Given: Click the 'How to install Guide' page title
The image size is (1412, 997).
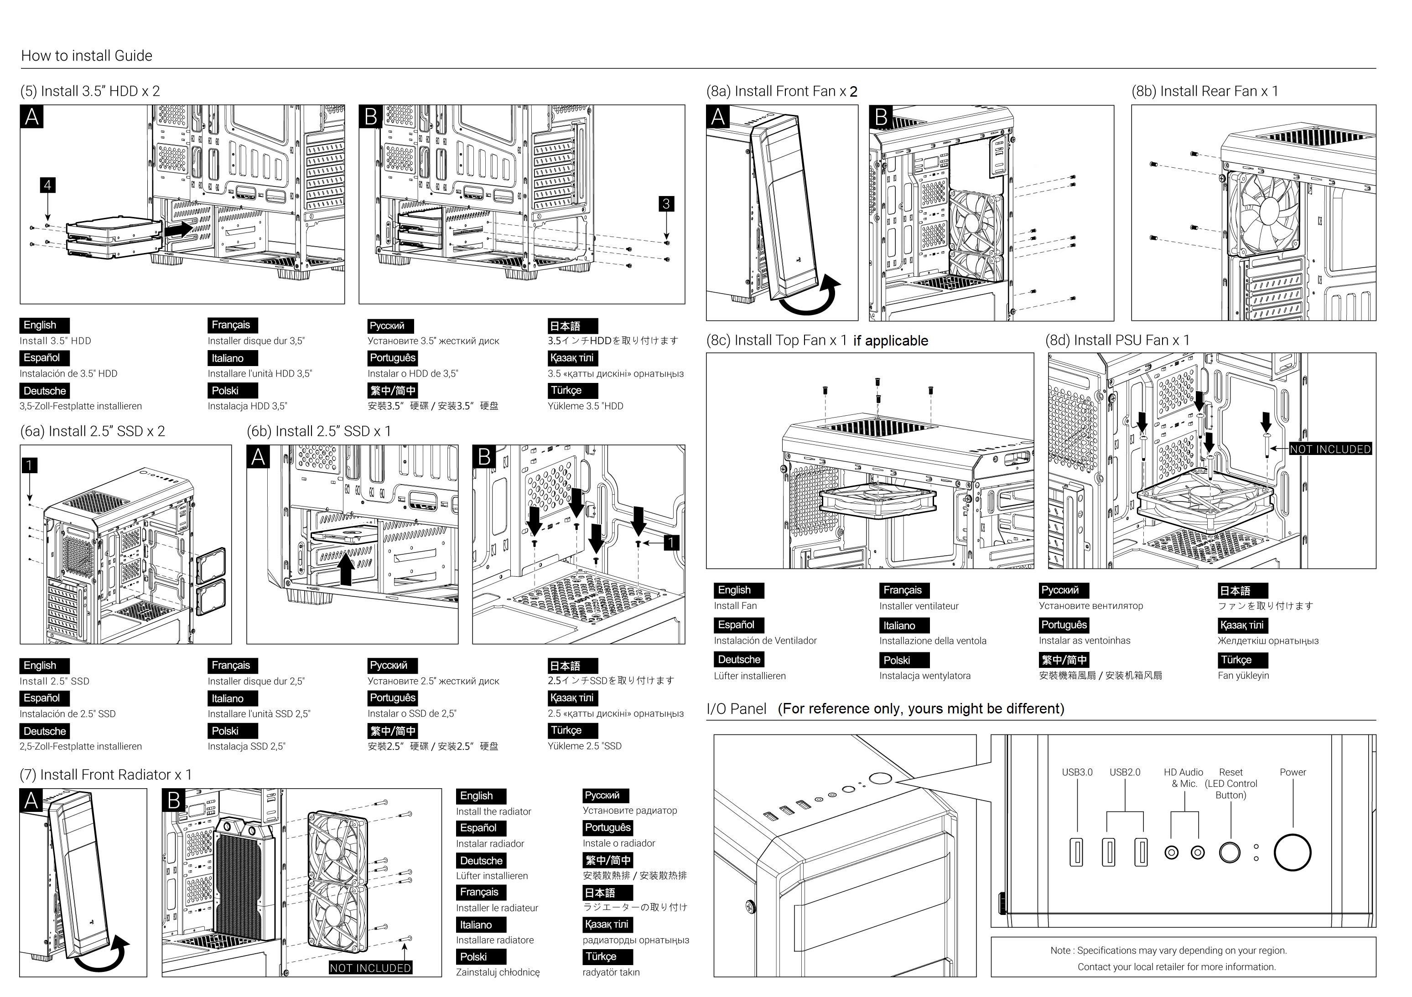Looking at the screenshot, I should (87, 56).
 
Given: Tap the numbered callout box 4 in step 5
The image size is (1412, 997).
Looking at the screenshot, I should (47, 185).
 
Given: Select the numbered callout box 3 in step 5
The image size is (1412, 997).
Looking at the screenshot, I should (666, 203).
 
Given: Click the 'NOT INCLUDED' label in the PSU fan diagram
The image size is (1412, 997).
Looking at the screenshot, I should (1330, 449).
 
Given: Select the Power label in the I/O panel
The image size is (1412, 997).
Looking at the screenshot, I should (1293, 772).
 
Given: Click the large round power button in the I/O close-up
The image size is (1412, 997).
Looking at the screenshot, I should (1292, 852).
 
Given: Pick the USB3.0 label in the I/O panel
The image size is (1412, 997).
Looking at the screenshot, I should (1077, 772).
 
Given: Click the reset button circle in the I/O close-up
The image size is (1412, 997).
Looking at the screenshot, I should (1230, 852).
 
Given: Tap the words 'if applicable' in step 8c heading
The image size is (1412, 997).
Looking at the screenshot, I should (891, 341).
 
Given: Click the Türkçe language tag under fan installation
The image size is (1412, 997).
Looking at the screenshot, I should (1242, 660).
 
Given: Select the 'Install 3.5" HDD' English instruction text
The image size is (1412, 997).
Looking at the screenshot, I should (55, 341).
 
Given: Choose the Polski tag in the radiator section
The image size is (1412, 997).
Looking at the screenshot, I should (480, 957).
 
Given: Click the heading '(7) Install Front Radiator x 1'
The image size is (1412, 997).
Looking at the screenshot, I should (106, 775).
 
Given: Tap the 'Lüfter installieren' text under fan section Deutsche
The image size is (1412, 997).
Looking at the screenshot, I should (750, 676).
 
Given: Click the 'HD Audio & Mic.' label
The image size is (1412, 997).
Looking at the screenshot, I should (1183, 778).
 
